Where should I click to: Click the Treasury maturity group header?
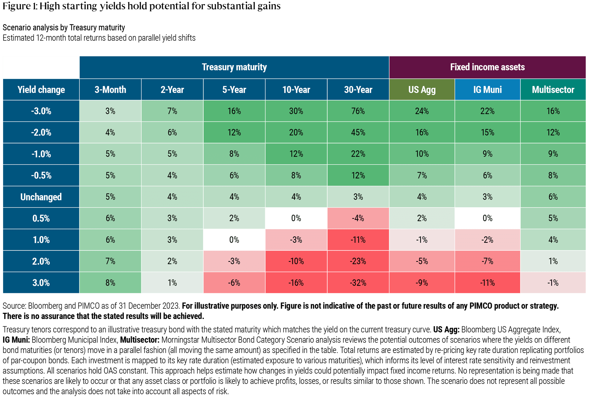(x=234, y=67)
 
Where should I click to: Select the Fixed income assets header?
(x=487, y=67)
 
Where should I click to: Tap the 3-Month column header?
(x=110, y=89)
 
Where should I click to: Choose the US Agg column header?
(x=422, y=89)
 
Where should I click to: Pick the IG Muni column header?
(x=487, y=89)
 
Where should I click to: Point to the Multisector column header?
(x=553, y=89)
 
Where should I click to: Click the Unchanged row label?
(x=41, y=197)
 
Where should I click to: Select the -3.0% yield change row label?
(x=41, y=111)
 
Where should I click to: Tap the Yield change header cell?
(x=41, y=89)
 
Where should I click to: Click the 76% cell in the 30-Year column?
(x=358, y=111)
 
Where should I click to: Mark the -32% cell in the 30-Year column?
(x=358, y=283)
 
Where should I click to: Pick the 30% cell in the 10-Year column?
(x=296, y=111)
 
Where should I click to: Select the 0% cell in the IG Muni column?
(x=487, y=218)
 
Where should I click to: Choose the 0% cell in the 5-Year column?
(x=234, y=240)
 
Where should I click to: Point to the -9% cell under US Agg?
(x=422, y=283)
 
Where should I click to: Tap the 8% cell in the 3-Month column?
(x=110, y=283)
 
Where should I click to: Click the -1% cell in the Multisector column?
(x=553, y=283)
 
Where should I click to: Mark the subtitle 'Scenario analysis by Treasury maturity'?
(x=64, y=28)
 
